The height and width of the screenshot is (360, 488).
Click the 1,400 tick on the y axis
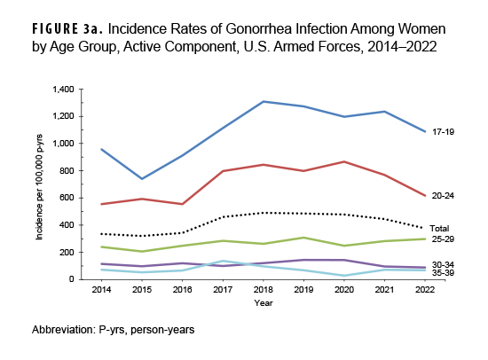tap(65, 90)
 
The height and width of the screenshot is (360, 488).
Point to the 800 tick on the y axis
tap(69, 171)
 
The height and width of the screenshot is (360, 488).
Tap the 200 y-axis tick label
tap(69, 253)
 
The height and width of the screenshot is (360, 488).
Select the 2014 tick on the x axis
tap(101, 289)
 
